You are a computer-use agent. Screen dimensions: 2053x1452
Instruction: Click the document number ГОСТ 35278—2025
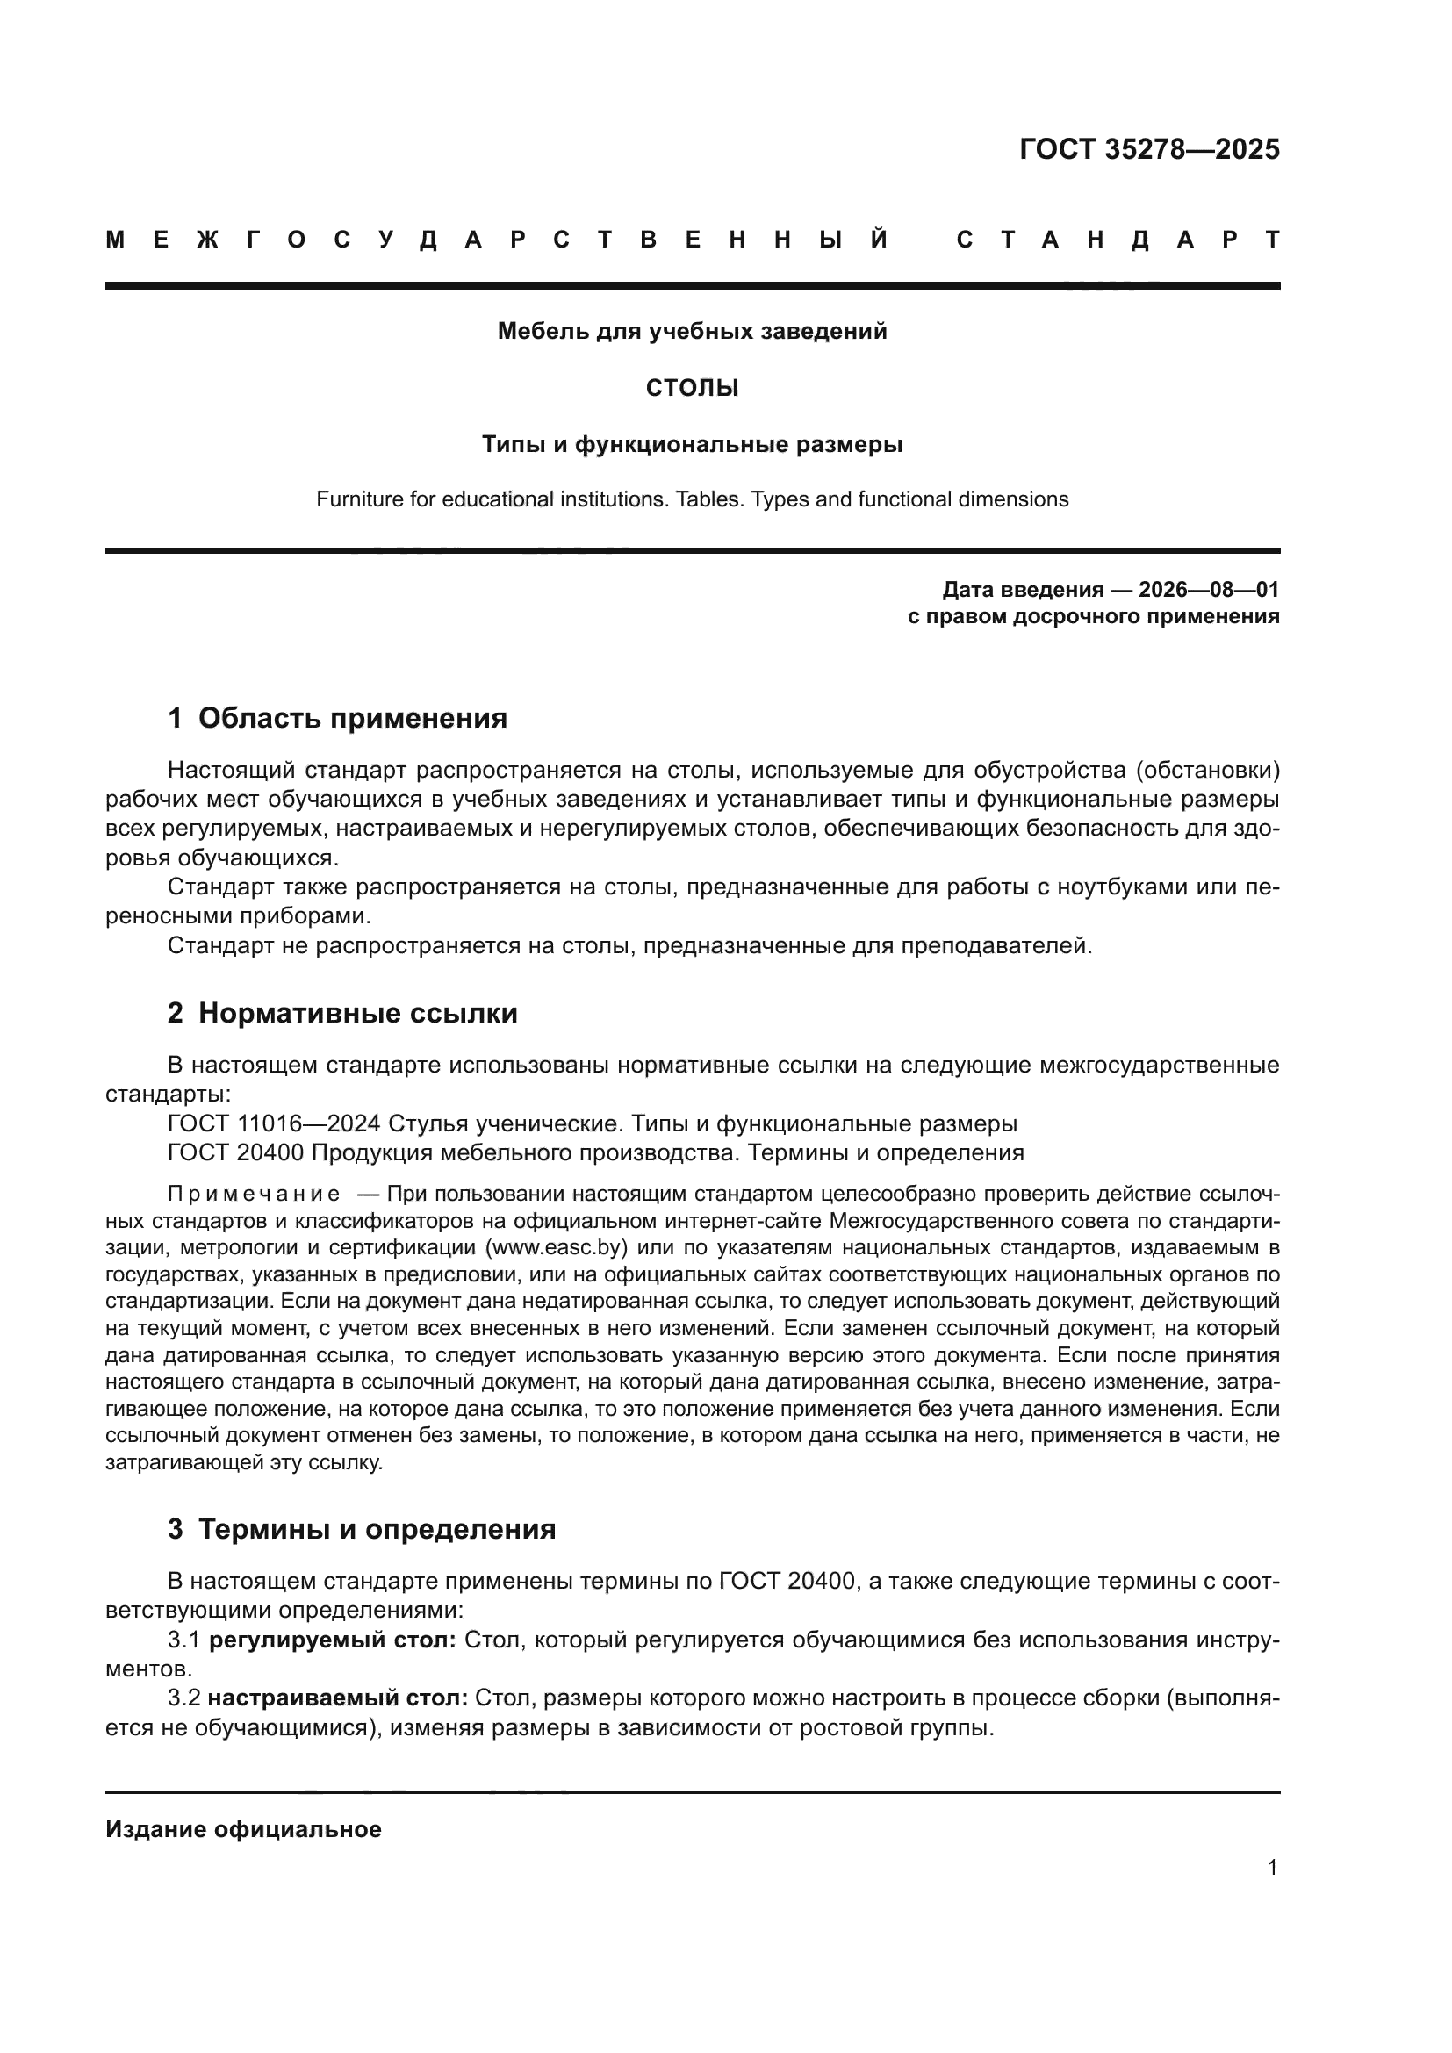click(1149, 149)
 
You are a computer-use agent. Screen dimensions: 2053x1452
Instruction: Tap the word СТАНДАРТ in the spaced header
click(1118, 240)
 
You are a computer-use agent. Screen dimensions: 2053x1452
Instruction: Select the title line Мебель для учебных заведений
click(692, 332)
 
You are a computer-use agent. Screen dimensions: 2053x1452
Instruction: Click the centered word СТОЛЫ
click(692, 389)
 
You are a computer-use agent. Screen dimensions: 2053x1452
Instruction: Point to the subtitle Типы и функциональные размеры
click(692, 444)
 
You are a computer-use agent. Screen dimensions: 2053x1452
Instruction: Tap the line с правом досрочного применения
click(1093, 617)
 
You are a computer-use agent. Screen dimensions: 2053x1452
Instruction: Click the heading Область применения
click(352, 718)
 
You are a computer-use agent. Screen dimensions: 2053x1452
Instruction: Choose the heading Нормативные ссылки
click(357, 1013)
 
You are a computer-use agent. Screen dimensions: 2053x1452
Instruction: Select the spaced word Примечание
click(253, 1195)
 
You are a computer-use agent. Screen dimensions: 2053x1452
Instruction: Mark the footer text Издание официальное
click(243, 1829)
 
